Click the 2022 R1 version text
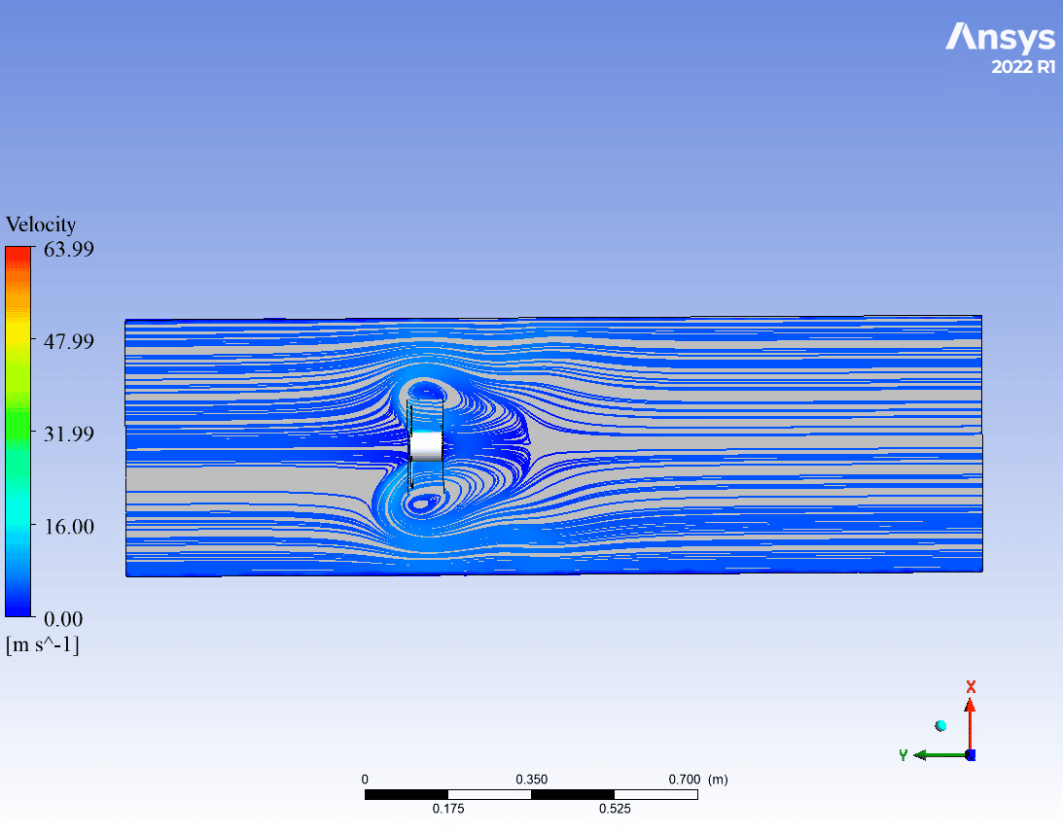click(1024, 66)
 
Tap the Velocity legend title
click(41, 225)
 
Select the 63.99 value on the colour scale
click(68, 249)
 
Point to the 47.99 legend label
click(68, 341)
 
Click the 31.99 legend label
click(68, 434)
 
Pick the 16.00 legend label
click(68, 526)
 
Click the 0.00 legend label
click(63, 619)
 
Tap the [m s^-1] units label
click(43, 644)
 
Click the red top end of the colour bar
click(18, 250)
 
